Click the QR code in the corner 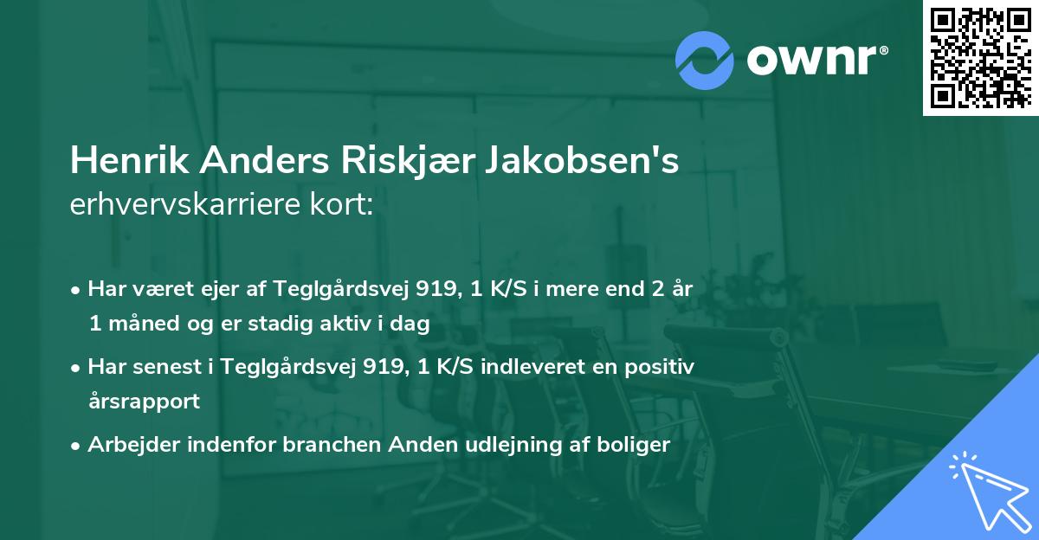(x=980, y=57)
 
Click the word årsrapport (x=144, y=402)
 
